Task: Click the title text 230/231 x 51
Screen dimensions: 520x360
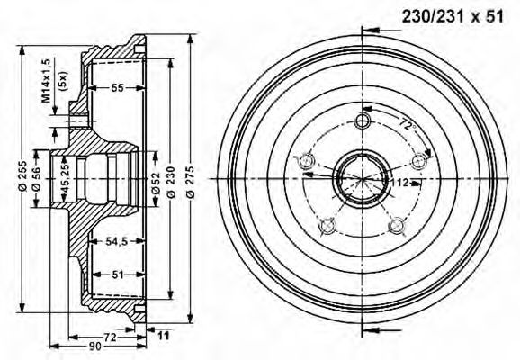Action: pos(453,16)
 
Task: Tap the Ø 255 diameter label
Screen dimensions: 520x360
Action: pos(22,175)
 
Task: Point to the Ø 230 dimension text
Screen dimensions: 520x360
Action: pos(171,182)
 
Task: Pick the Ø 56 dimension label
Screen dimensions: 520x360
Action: pos(36,179)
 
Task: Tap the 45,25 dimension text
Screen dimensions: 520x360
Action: pos(65,179)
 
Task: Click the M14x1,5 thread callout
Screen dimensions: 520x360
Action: pos(46,81)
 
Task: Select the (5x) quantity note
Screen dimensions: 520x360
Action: pos(62,81)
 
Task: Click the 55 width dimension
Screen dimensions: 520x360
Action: pos(117,88)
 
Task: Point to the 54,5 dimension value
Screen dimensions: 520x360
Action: pos(117,241)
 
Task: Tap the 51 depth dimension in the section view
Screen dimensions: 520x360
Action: pos(118,274)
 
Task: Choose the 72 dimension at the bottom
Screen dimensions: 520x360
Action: pos(110,337)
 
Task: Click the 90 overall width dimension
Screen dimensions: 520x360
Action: pos(95,346)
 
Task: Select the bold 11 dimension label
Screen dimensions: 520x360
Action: pos(163,336)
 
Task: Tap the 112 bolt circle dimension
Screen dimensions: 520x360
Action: pos(400,183)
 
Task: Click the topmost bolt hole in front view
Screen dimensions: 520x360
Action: pos(363,121)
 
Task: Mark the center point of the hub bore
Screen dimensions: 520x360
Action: pos(363,179)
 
